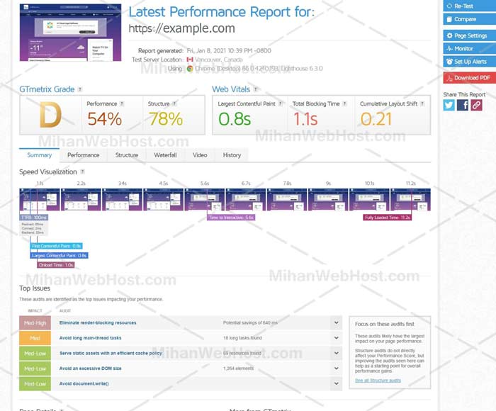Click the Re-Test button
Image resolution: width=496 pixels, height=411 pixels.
[x=469, y=6]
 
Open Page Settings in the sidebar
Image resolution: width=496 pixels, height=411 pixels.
[x=469, y=35]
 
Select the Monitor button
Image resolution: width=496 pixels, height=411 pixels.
[x=469, y=49]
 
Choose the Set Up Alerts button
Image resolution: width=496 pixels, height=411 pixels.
[x=469, y=62]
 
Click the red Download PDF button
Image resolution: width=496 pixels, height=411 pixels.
[x=469, y=78]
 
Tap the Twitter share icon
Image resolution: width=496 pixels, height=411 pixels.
[x=449, y=105]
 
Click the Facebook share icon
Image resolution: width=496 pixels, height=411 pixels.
[x=463, y=105]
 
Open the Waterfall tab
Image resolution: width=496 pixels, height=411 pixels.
[x=165, y=155]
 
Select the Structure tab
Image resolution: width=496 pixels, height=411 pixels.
[x=127, y=155]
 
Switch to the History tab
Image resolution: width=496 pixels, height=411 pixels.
[x=232, y=155]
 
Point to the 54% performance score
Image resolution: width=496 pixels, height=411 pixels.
[x=105, y=118]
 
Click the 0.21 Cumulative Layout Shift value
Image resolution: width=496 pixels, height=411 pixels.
[x=376, y=118]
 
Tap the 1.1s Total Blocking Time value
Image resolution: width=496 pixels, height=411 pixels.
[x=305, y=118]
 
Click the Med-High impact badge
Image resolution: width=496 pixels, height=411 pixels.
[x=35, y=322]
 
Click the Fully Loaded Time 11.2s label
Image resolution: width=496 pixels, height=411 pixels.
[x=387, y=218]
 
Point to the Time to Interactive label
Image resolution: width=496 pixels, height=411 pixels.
[x=231, y=218]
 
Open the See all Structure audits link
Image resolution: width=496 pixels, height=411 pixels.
[x=378, y=381]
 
